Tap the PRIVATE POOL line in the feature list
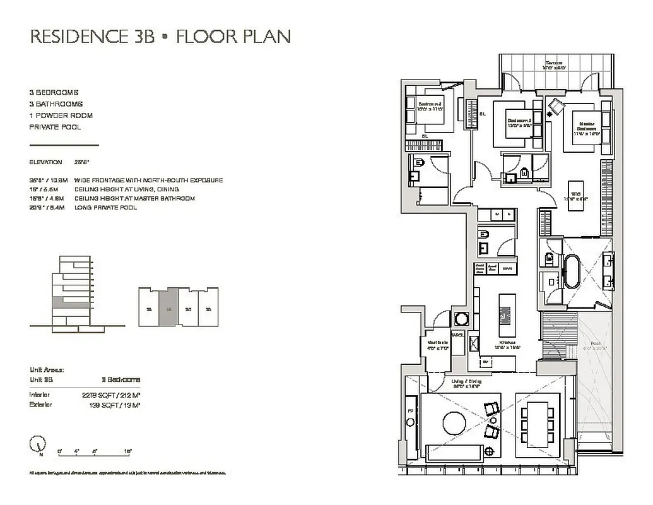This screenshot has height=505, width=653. [x=55, y=127]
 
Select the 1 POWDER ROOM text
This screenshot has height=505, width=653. [x=61, y=116]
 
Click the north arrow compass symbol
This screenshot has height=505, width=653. [x=37, y=444]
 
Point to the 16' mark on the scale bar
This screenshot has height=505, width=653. [x=128, y=451]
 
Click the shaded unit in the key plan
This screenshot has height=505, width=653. [x=168, y=308]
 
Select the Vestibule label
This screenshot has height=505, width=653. [x=438, y=344]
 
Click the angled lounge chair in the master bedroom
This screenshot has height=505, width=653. [x=555, y=107]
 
